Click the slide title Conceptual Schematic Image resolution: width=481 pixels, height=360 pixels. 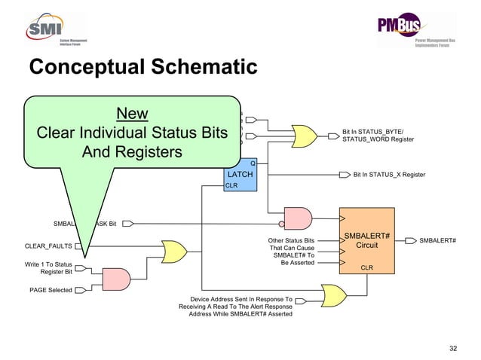pos(143,69)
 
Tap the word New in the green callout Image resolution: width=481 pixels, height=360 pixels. pos(132,114)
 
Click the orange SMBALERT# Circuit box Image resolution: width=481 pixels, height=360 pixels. pos(367,241)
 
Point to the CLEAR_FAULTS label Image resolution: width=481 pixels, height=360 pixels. pos(48,246)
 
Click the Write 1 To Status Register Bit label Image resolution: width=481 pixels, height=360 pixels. pos(48,269)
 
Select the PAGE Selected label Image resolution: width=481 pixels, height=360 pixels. pos(51,290)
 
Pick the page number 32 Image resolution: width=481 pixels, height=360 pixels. pos(453,347)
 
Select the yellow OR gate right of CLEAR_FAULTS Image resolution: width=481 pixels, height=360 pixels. pos(175,252)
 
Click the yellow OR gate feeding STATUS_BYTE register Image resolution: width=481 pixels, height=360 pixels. pos(305,136)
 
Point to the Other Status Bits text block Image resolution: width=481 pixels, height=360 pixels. pos(291,252)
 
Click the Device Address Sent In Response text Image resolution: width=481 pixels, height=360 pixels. pos(235,307)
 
